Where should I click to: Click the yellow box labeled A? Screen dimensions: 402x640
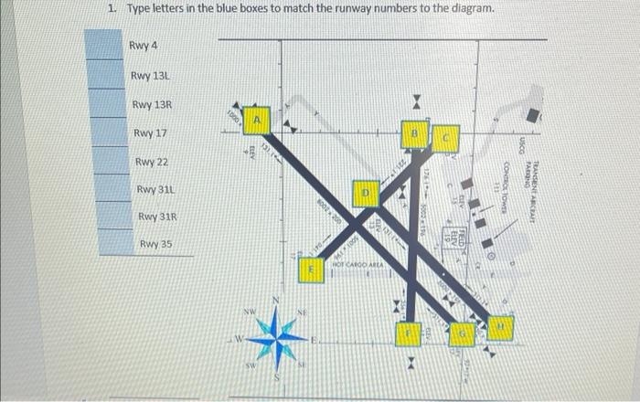tap(258, 118)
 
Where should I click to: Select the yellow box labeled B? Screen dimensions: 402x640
tap(414, 135)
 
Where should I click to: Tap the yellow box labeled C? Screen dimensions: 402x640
tap(445, 138)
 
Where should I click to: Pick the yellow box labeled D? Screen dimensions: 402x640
tap(366, 194)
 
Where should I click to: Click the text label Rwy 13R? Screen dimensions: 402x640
tap(152, 106)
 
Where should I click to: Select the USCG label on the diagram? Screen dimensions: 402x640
tap(521, 144)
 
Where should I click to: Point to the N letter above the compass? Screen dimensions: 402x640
tap(277, 303)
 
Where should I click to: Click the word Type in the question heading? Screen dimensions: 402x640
tap(137, 9)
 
